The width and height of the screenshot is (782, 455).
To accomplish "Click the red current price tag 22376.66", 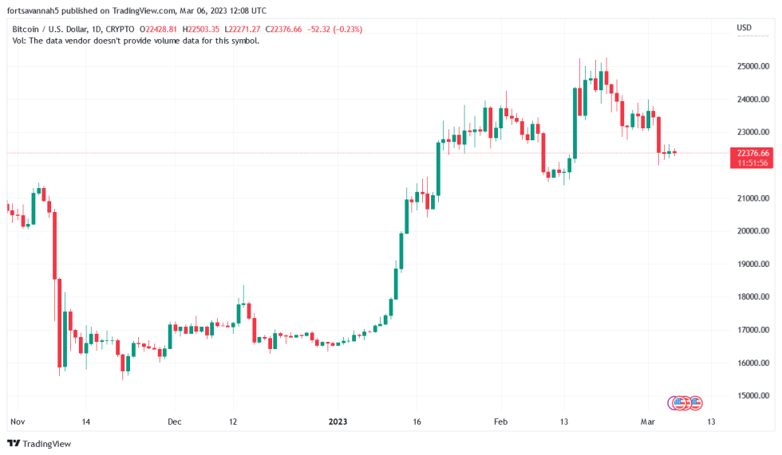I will (752, 153).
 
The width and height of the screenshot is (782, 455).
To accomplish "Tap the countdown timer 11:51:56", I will (752, 163).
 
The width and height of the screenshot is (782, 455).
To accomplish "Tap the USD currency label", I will (744, 29).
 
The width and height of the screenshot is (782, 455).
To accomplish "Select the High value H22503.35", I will (203, 29).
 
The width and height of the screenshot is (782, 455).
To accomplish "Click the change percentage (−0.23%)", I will (348, 29).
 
